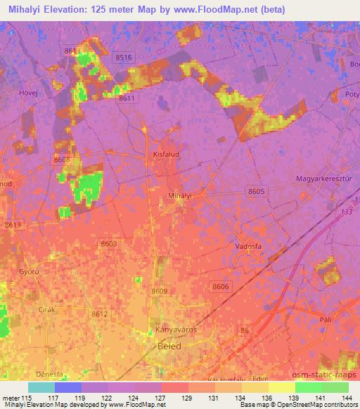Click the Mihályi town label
181,197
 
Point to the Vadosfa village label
247,247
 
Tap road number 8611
127,98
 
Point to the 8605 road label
257,191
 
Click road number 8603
108,243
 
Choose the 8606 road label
221,286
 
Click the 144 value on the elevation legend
346,398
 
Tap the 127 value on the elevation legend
160,398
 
